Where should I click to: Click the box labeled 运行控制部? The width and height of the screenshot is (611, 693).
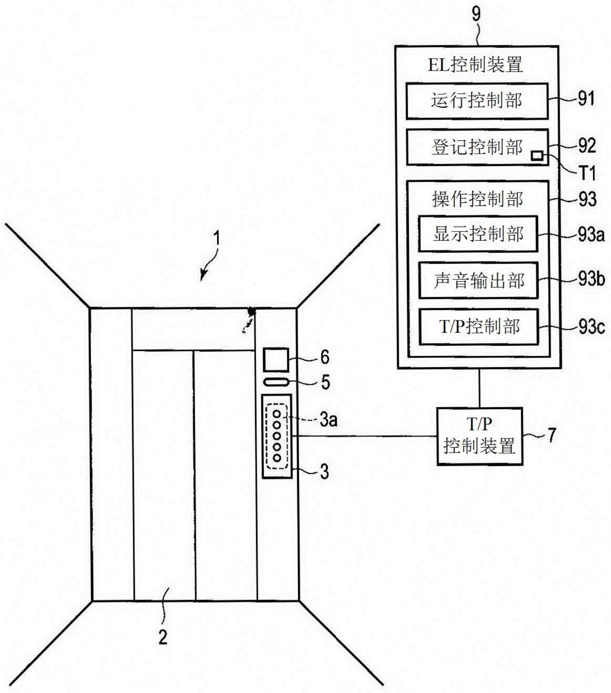[x=477, y=101]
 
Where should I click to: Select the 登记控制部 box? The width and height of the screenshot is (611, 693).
[x=477, y=147]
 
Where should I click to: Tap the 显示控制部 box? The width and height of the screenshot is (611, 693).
[x=478, y=234]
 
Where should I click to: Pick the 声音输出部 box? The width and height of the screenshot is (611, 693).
[x=478, y=280]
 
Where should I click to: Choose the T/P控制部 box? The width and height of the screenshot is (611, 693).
[x=479, y=327]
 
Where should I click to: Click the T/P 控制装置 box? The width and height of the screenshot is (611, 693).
[x=480, y=436]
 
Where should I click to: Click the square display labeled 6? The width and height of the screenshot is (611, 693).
[x=276, y=360]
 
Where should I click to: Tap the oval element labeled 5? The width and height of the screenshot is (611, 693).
[x=276, y=382]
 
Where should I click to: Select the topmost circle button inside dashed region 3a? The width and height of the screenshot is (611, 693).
[x=277, y=414]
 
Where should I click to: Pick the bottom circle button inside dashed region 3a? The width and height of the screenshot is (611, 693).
[x=277, y=458]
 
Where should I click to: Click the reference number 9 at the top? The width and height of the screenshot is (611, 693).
[x=476, y=15]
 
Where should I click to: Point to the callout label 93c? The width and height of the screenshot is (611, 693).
[x=591, y=327]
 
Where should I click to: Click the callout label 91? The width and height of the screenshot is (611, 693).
[x=586, y=99]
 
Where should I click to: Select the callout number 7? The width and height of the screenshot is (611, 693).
[x=552, y=435]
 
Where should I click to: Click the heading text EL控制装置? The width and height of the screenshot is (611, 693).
[x=475, y=65]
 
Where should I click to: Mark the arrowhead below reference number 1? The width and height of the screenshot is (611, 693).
[x=202, y=276]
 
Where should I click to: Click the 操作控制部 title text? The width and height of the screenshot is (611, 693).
[x=477, y=199]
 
